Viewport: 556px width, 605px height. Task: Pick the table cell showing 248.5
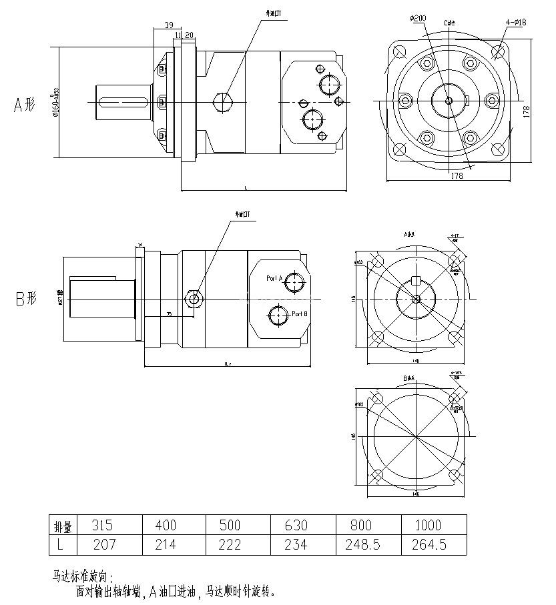point(363,545)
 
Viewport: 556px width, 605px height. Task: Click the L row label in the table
point(61,545)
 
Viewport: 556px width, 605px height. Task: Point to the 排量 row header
point(63,526)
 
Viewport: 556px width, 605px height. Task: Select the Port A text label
point(274,278)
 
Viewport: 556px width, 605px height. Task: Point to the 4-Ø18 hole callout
point(516,22)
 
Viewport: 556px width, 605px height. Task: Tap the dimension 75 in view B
point(169,314)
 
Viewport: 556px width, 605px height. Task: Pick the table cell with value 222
point(230,545)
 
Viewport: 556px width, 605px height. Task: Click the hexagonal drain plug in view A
point(222,102)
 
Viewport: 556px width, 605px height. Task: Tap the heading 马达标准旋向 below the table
point(83,576)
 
